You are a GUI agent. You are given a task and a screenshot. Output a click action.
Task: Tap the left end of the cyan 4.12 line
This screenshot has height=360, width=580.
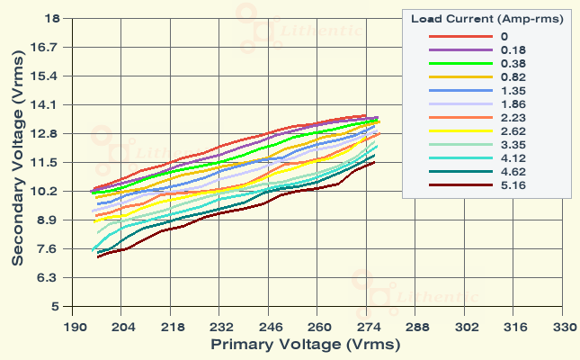93,249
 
